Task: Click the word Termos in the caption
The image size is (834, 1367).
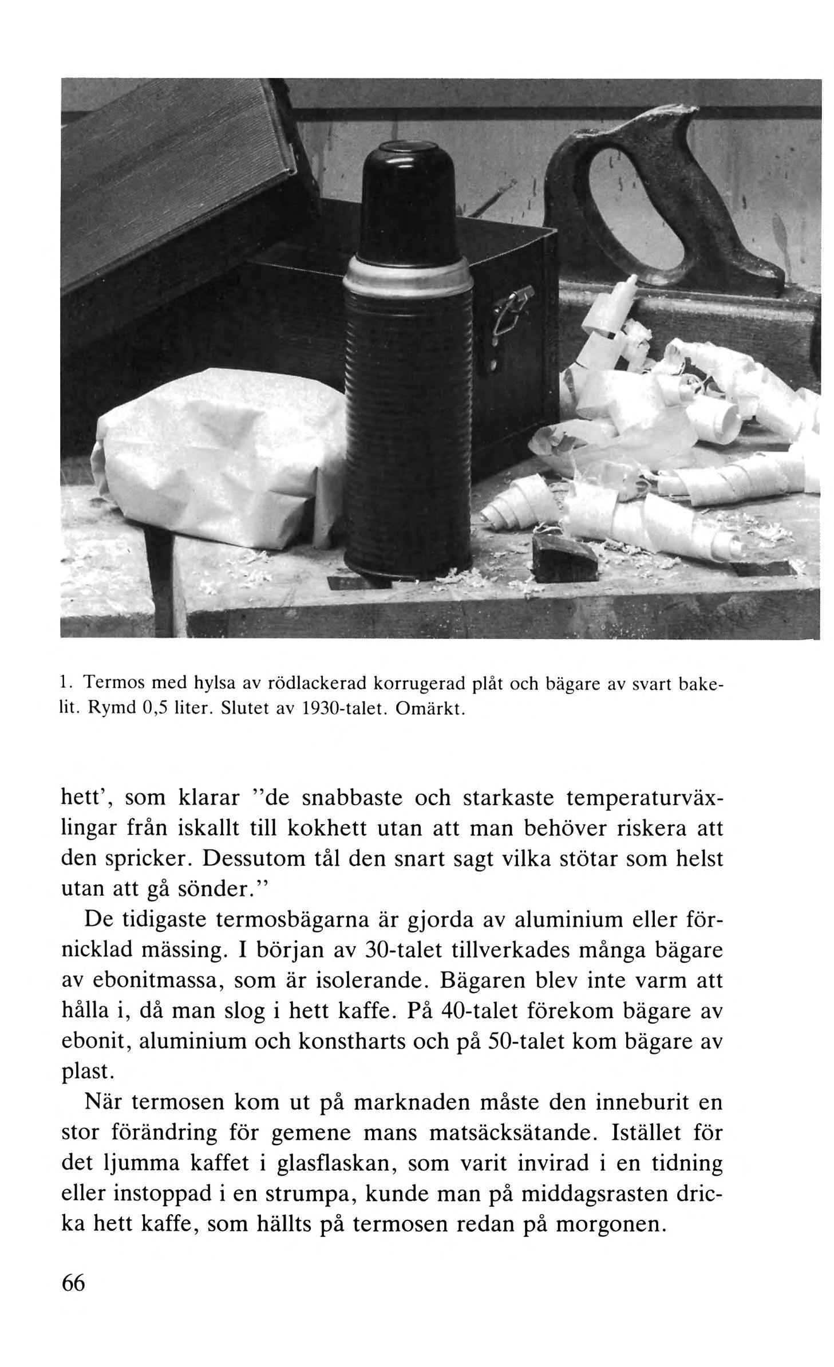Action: [x=108, y=683]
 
